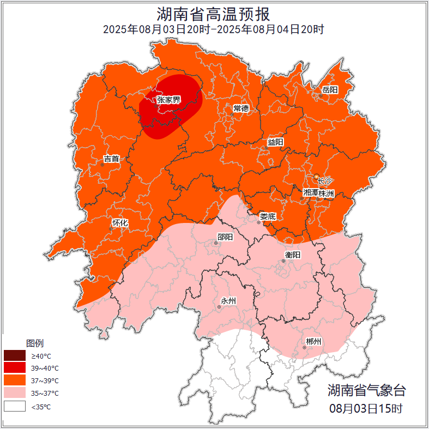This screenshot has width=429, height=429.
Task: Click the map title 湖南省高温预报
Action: pyautogui.click(x=214, y=13)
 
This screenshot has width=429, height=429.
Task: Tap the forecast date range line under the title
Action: pyautogui.click(x=214, y=29)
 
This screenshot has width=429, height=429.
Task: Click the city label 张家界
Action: pyautogui.click(x=168, y=100)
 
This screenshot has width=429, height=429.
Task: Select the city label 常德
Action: pyautogui.click(x=241, y=108)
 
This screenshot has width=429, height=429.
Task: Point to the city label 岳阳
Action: pyautogui.click(x=330, y=89)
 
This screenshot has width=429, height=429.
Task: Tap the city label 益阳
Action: pyautogui.click(x=275, y=142)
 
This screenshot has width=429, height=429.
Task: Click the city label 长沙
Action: pyautogui.click(x=324, y=180)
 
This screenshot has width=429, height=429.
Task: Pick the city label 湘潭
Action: pyautogui.click(x=311, y=193)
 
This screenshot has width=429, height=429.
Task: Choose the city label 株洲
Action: pyautogui.click(x=327, y=193)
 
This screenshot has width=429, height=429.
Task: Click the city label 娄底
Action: pyautogui.click(x=268, y=216)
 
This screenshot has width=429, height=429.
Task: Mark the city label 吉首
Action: pyautogui.click(x=111, y=159)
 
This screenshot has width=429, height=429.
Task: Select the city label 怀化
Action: pyautogui.click(x=120, y=223)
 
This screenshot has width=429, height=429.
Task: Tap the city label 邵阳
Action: pyautogui.click(x=225, y=237)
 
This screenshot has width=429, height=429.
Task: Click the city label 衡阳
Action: pyautogui.click(x=293, y=255)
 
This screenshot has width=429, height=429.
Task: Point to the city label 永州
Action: pyautogui.click(x=228, y=301)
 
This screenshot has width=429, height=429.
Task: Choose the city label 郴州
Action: pyautogui.click(x=313, y=342)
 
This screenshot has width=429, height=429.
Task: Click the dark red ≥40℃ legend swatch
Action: pyautogui.click(x=15, y=355)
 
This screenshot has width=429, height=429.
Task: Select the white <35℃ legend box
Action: pyautogui.click(x=15, y=406)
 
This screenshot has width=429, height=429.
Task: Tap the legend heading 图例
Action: pyautogui.click(x=35, y=343)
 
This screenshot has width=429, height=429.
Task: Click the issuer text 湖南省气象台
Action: pyautogui.click(x=366, y=390)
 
